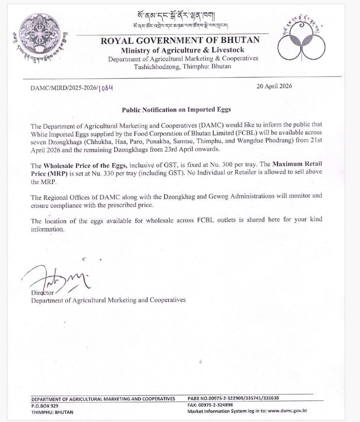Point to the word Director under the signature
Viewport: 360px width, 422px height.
click(x=43, y=293)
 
